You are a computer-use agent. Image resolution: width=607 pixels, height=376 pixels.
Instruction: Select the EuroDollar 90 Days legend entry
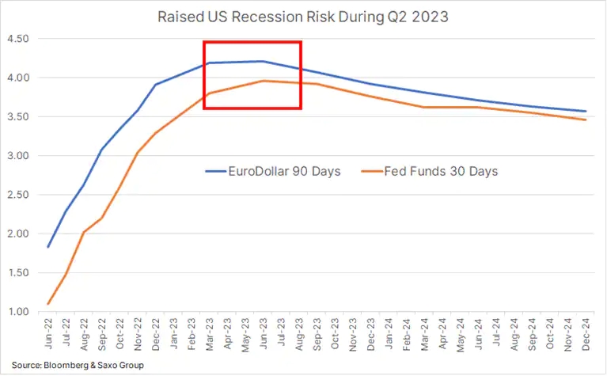point(272,170)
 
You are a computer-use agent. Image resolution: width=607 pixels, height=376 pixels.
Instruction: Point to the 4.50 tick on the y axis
point(17,39)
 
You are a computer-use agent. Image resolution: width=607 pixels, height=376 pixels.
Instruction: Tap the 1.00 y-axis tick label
point(17,312)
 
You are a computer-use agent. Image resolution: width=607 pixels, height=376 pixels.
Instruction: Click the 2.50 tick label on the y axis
point(17,195)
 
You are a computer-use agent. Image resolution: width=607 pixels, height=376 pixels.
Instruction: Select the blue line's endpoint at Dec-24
point(585,111)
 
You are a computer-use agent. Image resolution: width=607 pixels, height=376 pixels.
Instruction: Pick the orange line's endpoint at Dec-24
point(585,120)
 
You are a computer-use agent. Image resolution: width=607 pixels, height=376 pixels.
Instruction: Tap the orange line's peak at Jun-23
point(262,81)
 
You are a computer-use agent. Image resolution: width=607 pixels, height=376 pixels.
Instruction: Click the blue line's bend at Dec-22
point(155,85)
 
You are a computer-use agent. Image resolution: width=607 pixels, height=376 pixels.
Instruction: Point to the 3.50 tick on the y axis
point(17,117)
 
